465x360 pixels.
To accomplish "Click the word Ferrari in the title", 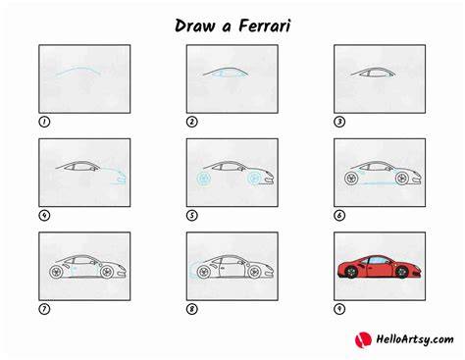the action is (264, 26).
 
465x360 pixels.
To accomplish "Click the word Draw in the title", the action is (194, 26).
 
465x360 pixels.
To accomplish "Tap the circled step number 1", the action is (44, 122).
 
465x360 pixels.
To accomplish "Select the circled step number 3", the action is (339, 122).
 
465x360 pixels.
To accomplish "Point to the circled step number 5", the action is (192, 216).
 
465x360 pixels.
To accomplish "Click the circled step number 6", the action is (339, 216).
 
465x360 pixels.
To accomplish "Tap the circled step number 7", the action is (44, 309).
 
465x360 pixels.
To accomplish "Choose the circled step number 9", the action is (339, 309).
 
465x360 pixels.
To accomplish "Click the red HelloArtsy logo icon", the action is (363, 339).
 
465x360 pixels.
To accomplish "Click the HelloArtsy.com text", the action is (415, 339).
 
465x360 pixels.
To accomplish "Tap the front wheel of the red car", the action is (402, 272).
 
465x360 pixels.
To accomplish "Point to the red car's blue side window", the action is (377, 260).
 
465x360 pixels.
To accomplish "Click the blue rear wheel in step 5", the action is (204, 179).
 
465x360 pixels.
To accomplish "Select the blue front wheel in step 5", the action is (254, 179).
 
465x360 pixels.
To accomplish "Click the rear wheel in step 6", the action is (351, 179).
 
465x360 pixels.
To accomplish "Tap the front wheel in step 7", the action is (107, 272).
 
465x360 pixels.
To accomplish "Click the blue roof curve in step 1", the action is (78, 69).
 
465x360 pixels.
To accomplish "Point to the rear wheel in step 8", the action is (204, 272).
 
